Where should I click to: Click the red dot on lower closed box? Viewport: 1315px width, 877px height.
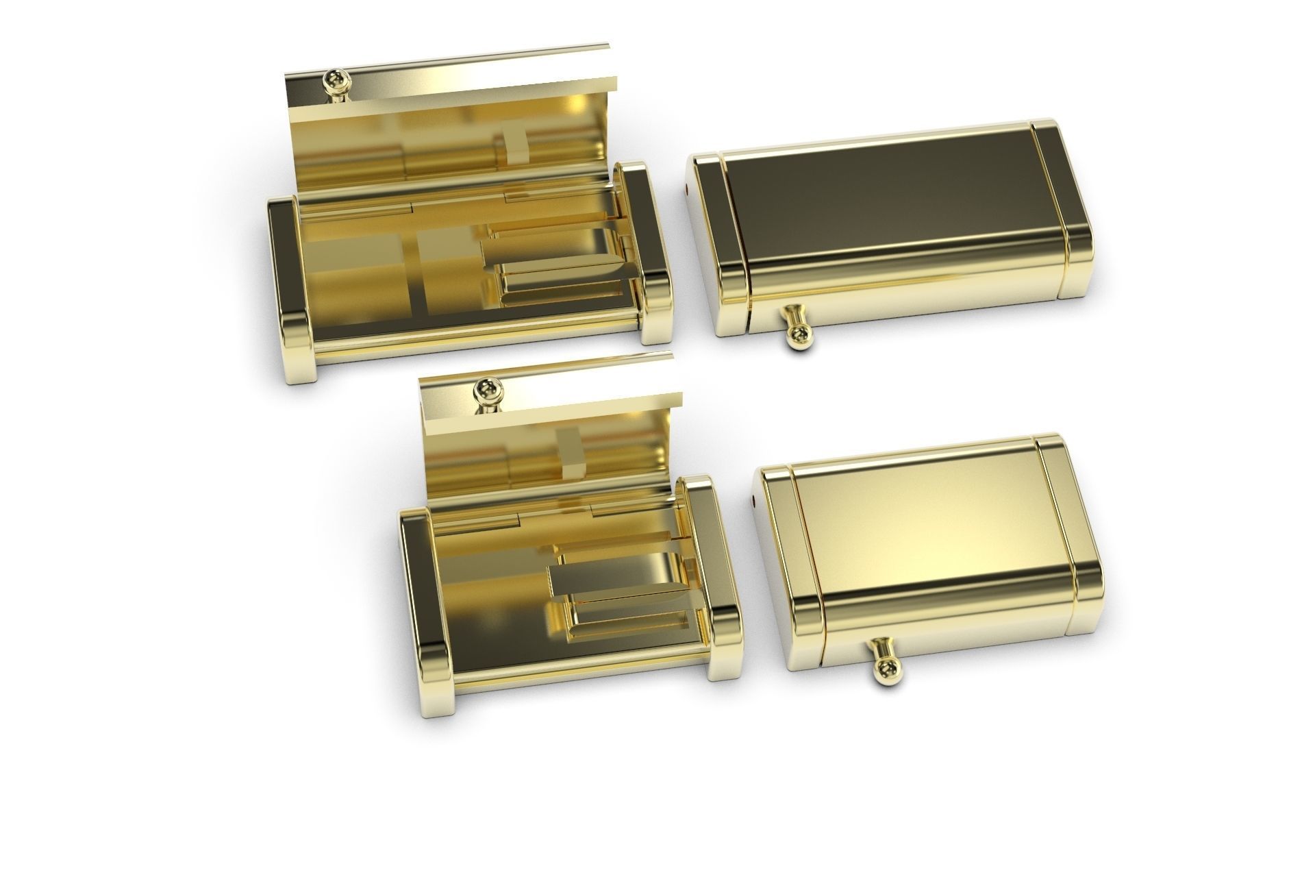(753, 502)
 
